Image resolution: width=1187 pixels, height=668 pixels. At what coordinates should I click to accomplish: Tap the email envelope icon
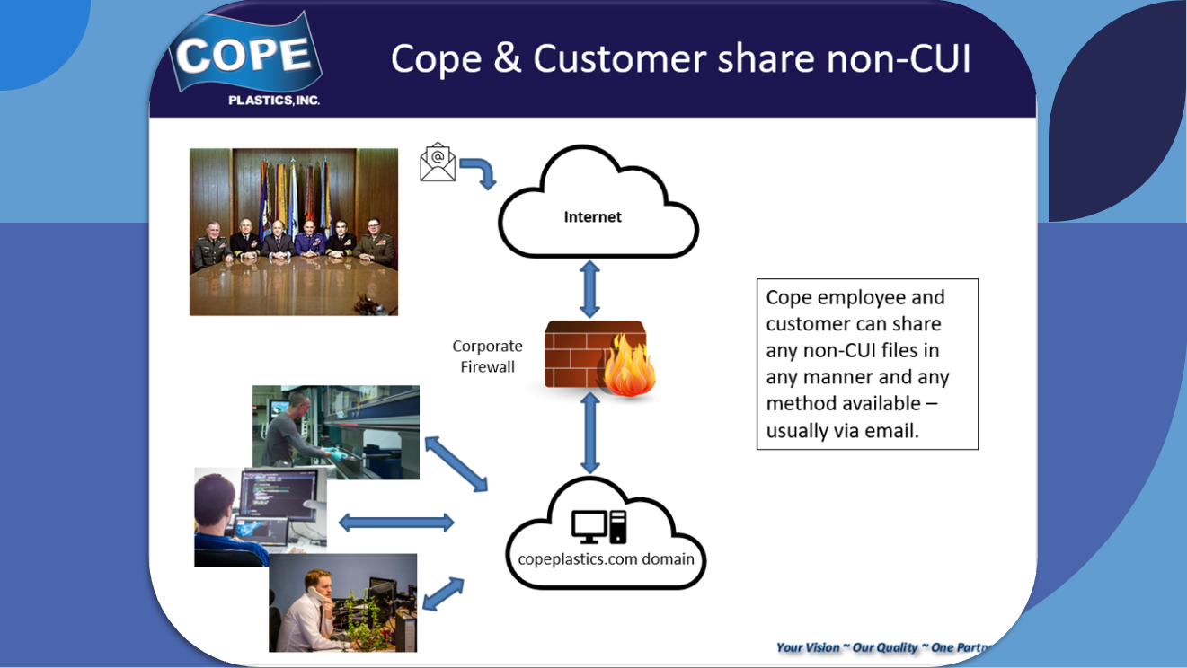438,163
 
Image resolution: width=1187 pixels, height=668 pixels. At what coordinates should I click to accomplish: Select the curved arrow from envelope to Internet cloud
480,171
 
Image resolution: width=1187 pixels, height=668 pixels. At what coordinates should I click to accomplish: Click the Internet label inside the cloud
592,216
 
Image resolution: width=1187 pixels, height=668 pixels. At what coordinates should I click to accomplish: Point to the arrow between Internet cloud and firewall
589,286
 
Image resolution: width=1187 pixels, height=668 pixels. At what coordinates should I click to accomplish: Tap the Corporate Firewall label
487,356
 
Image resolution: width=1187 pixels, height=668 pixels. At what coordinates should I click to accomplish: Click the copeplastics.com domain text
606,558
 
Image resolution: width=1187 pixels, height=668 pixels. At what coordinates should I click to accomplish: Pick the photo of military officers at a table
293,232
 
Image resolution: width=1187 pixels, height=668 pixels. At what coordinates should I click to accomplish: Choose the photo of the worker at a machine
335,431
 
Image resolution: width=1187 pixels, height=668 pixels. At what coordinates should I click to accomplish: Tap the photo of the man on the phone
342,602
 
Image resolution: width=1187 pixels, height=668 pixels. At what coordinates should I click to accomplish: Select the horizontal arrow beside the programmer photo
396,521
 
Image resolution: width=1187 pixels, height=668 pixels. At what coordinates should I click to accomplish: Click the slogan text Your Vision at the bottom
808,647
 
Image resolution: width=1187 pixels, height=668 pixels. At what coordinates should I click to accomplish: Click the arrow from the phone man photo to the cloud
443,594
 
